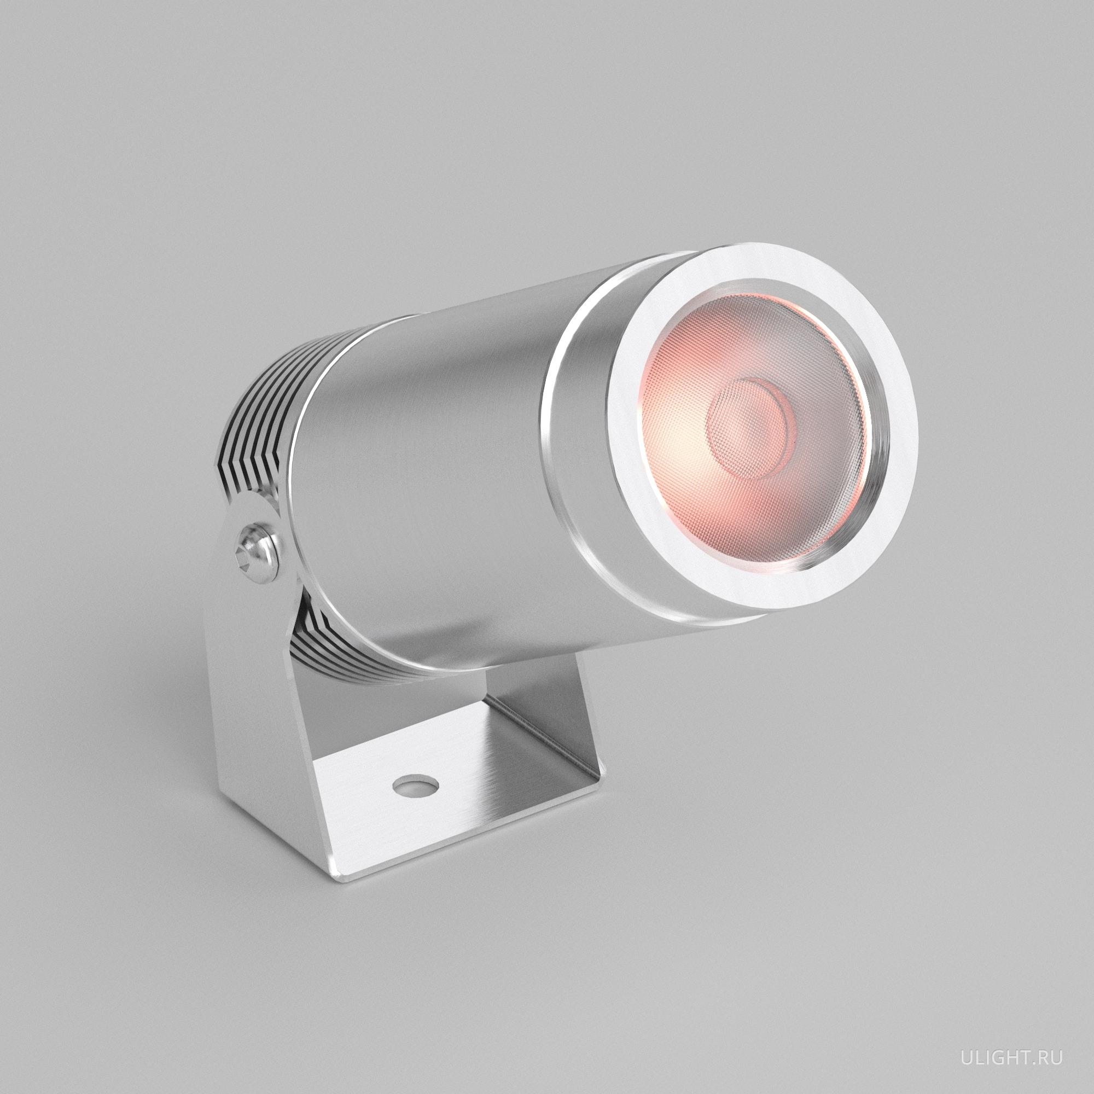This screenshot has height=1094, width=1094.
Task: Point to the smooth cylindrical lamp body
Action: click(x=430, y=453)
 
